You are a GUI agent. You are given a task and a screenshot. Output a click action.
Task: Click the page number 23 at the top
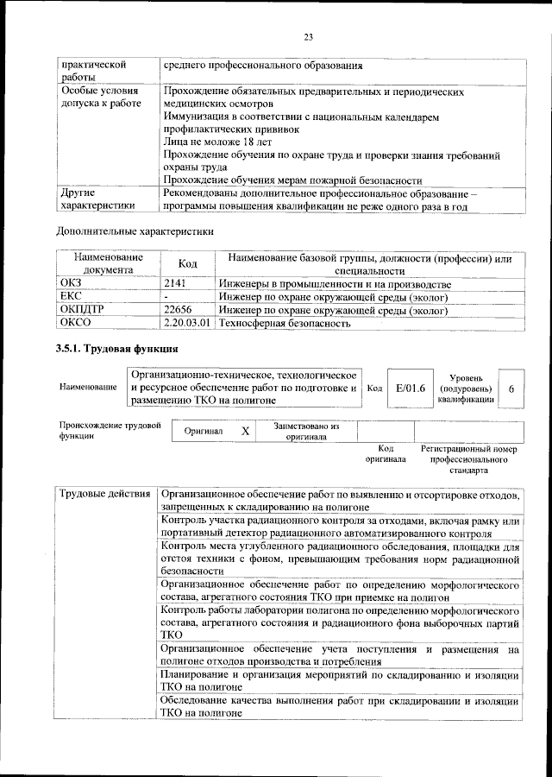coord(308,36)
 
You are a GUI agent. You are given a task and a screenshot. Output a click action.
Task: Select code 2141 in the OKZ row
coord(176,284)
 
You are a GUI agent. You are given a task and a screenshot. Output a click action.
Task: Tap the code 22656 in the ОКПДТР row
coord(178,310)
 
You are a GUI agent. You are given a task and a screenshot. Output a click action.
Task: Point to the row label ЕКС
coord(69,297)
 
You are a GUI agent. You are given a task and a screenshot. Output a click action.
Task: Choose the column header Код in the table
coord(188,264)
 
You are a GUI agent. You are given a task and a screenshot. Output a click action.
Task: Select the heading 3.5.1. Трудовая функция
coord(116,349)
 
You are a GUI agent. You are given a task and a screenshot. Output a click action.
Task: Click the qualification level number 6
coord(511,388)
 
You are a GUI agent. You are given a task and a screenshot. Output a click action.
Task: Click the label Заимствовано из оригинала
coord(306,431)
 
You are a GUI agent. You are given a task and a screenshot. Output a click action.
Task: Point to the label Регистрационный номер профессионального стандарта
coord(468,460)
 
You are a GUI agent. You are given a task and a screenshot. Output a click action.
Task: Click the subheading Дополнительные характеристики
coord(135,231)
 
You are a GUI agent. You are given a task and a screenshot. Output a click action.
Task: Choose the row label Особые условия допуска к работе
coord(94,97)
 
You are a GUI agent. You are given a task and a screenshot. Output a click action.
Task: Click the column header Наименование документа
coord(108,263)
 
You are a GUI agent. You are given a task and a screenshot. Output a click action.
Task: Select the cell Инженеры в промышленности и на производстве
coord(335,284)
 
